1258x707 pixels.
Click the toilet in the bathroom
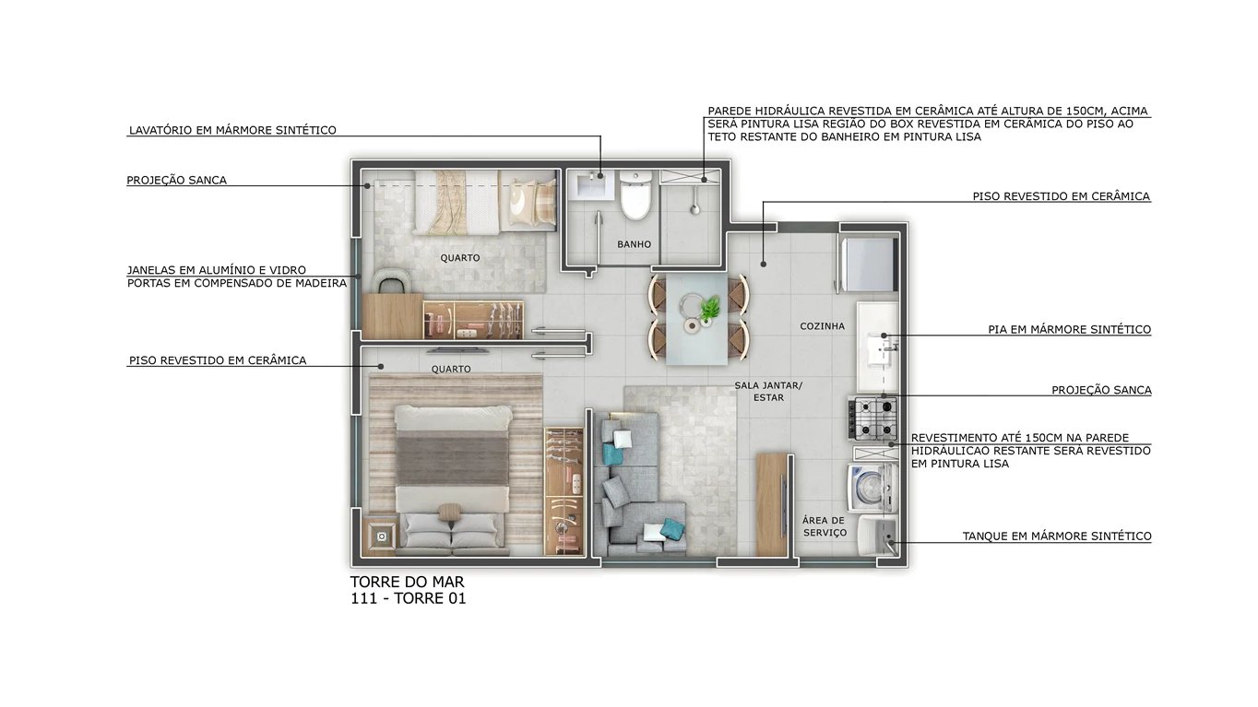click(635, 196)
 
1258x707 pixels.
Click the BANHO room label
click(635, 244)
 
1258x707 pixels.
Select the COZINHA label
click(822, 326)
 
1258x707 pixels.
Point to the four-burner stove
click(872, 418)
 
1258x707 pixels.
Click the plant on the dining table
click(709, 309)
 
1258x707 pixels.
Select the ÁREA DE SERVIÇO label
click(824, 526)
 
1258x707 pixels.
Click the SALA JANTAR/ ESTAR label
click(767, 392)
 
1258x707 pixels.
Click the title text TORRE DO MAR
click(407, 583)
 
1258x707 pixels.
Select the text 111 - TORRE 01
click(409, 599)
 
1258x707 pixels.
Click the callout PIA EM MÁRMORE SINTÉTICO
click(1069, 329)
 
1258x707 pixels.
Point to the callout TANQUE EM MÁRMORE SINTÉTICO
click(1057, 536)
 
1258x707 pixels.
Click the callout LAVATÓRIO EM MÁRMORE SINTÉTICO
click(232, 130)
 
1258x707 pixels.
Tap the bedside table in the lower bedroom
click(381, 534)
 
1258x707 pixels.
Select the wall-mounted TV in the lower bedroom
click(458, 350)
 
